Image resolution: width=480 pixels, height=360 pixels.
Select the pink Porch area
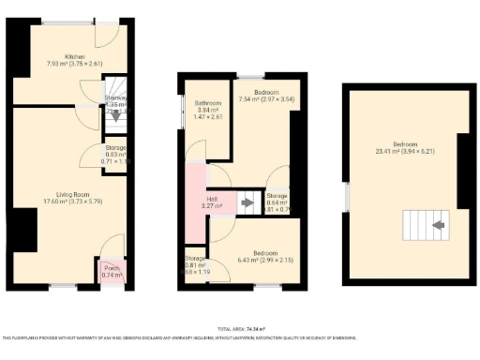[x=112, y=271]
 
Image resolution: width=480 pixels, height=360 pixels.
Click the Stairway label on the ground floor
[x=115, y=97]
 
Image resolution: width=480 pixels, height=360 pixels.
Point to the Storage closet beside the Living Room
[x=114, y=155]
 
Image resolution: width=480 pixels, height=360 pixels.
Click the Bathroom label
[x=208, y=102]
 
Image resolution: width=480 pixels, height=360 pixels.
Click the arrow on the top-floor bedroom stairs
[x=436, y=225]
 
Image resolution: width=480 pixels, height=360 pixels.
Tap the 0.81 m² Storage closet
[x=195, y=263]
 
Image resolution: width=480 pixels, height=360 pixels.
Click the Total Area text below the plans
[x=241, y=329]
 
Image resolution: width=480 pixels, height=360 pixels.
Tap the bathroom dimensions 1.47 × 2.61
[x=208, y=117]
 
